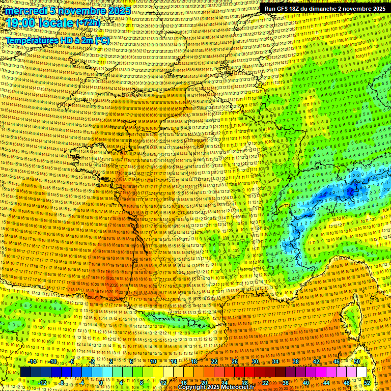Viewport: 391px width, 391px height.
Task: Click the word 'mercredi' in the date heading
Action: pos(25,11)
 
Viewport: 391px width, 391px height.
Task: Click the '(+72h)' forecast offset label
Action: pos(88,23)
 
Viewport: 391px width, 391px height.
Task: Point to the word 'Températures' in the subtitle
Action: pos(32,40)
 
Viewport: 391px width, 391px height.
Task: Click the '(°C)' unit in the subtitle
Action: pos(102,40)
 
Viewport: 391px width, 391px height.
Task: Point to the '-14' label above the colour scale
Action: pos(33,361)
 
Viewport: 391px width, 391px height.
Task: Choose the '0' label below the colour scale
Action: pos(102,382)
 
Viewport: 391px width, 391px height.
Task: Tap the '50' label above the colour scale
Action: pos(357,361)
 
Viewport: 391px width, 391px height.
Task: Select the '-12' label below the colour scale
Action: pos(42,382)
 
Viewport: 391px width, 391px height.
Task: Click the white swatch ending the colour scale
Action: pos(361,372)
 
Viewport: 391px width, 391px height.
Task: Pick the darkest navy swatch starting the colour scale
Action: pos(25,372)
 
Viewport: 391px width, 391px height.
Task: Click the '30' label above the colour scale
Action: pos(255,361)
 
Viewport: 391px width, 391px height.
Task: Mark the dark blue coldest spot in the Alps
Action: pos(350,191)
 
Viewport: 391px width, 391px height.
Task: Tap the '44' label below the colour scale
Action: pos(326,382)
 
